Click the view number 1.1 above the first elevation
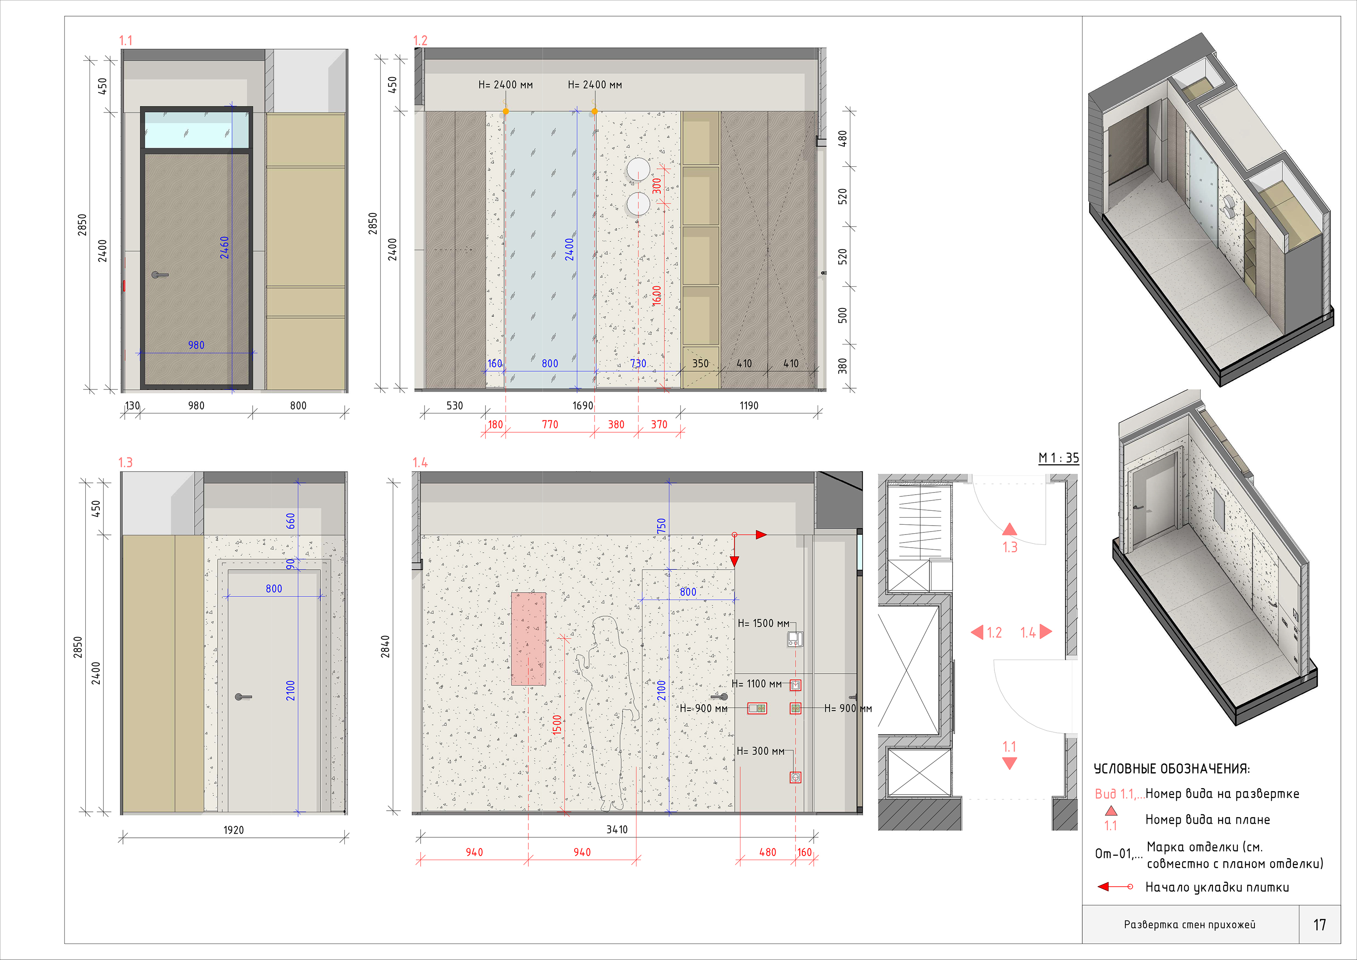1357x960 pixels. tap(125, 41)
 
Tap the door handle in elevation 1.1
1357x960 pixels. tap(159, 275)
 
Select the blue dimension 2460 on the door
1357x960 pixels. tap(225, 248)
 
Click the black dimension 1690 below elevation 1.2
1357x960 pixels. tap(583, 406)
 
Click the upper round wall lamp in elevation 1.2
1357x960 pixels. tap(638, 169)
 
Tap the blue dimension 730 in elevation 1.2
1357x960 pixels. tap(638, 364)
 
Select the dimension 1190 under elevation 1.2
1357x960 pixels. tap(749, 406)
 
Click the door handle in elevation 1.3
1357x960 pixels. tap(242, 697)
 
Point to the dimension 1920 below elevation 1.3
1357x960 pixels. tap(234, 830)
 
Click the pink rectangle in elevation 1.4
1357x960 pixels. tap(528, 639)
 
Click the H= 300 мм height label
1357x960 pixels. tap(761, 751)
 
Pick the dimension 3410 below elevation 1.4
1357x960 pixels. tap(617, 830)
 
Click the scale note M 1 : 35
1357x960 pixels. tap(1058, 458)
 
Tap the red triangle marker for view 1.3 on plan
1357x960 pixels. tap(1009, 529)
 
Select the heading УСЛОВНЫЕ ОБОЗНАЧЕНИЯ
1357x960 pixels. tap(1171, 769)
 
